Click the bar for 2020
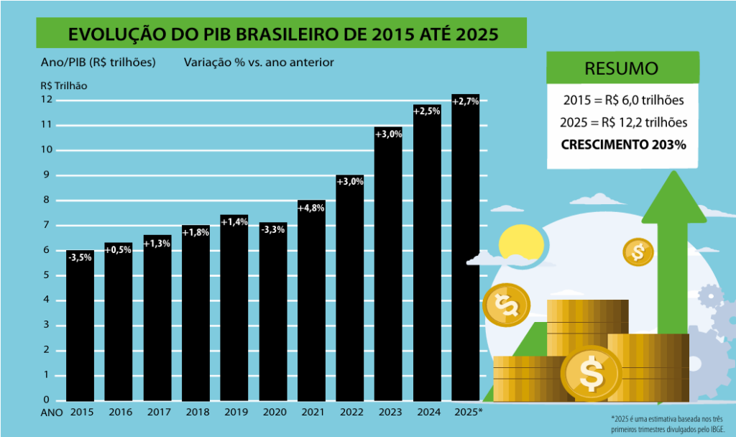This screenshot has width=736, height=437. coord(273,316)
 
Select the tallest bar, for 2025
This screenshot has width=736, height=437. coord(466,252)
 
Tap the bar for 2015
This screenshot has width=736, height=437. coord(80,331)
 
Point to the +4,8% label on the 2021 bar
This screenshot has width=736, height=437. coord(311,208)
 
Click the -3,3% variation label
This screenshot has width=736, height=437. coord(273,229)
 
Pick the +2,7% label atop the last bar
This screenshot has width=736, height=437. coord(466,101)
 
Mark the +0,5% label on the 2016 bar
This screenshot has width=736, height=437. coord(119,250)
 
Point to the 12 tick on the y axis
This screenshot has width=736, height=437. coord(47,99)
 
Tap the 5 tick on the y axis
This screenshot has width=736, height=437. coord(47,275)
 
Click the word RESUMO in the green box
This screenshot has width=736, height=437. coord(621,69)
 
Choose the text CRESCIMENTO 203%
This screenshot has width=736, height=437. coord(622,144)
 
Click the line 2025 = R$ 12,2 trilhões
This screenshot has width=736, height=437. coord(622,122)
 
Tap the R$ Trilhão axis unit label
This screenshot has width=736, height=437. coord(64,85)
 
